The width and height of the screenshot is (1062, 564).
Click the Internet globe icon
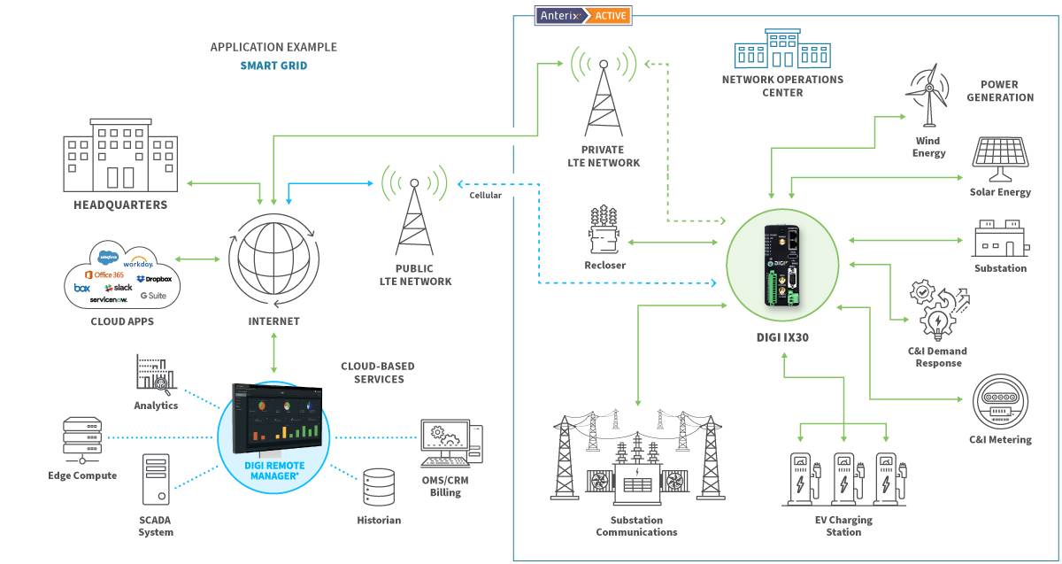(x=273, y=259)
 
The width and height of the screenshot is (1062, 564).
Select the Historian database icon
(x=379, y=486)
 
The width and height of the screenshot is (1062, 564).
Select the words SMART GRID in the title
(x=273, y=66)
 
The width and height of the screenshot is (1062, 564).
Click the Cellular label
(x=485, y=195)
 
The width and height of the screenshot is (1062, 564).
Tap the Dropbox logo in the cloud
(x=154, y=279)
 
